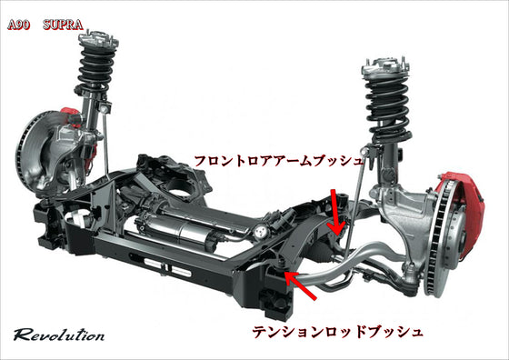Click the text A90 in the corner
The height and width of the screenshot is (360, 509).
18,25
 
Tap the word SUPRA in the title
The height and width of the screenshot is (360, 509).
63,25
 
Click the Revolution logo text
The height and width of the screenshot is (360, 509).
59,335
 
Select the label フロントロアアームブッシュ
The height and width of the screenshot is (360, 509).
278,161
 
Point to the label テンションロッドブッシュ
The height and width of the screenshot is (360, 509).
337,332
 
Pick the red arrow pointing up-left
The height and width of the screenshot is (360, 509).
300,285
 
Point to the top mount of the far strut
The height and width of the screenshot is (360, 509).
98,40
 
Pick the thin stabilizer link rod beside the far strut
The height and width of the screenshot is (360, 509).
105,143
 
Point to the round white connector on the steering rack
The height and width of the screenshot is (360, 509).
260,232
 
